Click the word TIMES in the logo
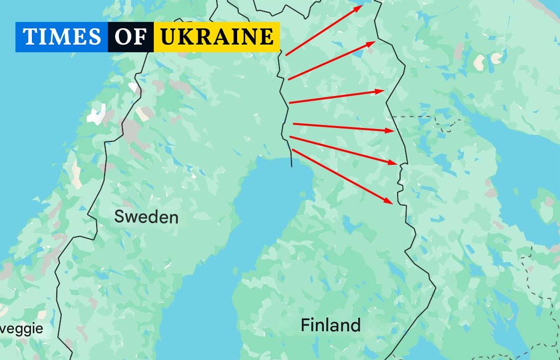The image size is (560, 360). (x=62, y=37)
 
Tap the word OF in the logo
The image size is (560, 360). (x=131, y=37)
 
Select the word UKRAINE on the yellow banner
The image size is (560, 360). (x=217, y=37)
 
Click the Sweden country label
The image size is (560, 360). (x=146, y=217)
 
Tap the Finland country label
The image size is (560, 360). (x=330, y=325)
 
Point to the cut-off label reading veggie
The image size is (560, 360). (x=21, y=329)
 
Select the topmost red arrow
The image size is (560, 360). (x=324, y=30)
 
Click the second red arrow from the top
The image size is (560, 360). (x=331, y=60)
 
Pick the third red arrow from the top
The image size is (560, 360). (x=336, y=97)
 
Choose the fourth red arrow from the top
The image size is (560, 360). (x=343, y=127)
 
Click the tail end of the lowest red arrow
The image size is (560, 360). (x=293, y=150)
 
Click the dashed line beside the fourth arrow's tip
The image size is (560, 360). (x=414, y=117)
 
